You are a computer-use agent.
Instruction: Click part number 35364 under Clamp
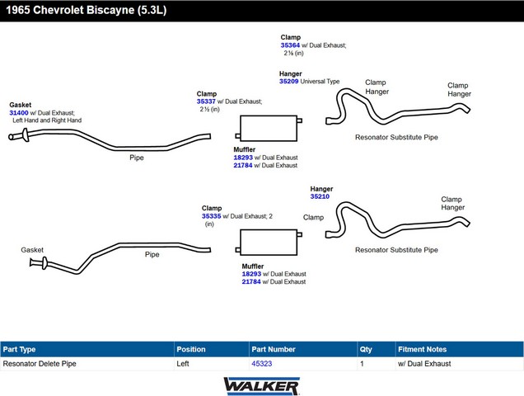291,45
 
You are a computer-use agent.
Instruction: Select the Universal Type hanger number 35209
289,82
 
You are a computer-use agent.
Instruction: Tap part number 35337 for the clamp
206,101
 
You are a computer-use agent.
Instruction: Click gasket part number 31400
19,112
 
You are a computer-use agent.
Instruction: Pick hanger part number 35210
320,196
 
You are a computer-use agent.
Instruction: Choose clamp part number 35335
211,216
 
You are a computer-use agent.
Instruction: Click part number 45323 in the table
261,363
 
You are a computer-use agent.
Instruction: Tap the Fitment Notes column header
422,349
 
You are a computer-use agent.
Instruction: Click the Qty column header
366,349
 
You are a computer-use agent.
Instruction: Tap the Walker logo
261,385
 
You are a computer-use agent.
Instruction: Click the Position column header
191,349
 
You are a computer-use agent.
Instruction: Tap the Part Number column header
274,349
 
